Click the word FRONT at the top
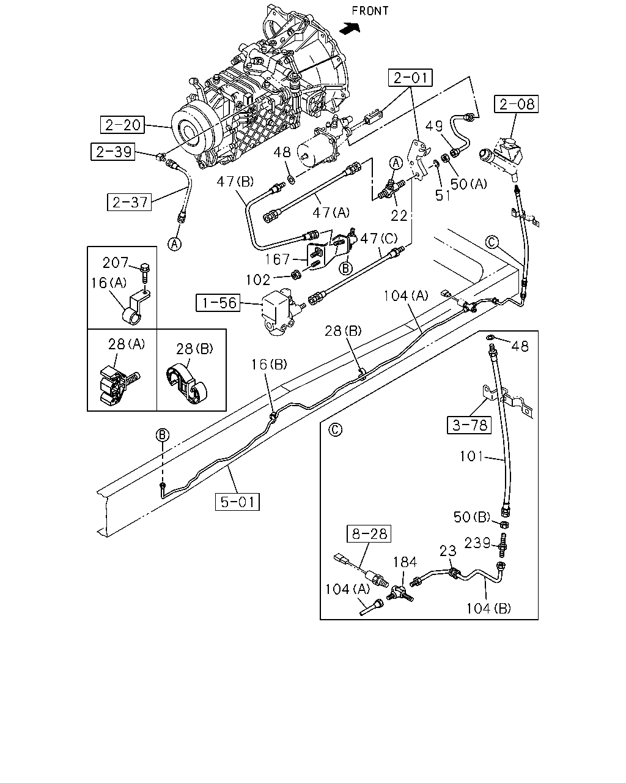pos(370,11)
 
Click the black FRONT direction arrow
pos(350,28)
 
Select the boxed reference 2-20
pos(123,125)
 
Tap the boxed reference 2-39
pos(112,151)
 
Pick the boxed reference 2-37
pos(129,202)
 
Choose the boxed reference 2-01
pos(410,78)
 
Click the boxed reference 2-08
pos(516,104)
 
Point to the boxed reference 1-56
pos(218,303)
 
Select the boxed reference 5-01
pos(237,502)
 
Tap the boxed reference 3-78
pos(469,425)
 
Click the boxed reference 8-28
pos(369,534)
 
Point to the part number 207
pos(116,262)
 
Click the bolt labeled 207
pos(145,273)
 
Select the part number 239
pos(477,543)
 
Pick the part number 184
pos(405,562)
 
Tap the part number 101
pos(471,456)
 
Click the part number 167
pos(277,259)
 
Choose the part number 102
pos(258,280)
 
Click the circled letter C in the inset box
pos(336,429)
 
